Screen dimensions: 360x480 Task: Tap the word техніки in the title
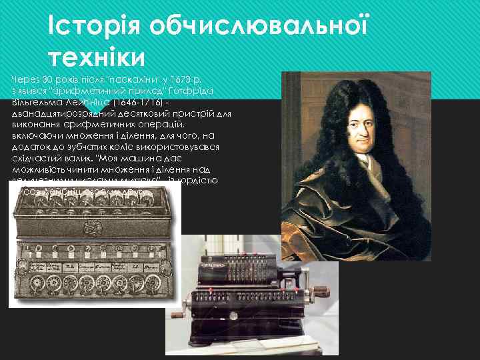(97, 58)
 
